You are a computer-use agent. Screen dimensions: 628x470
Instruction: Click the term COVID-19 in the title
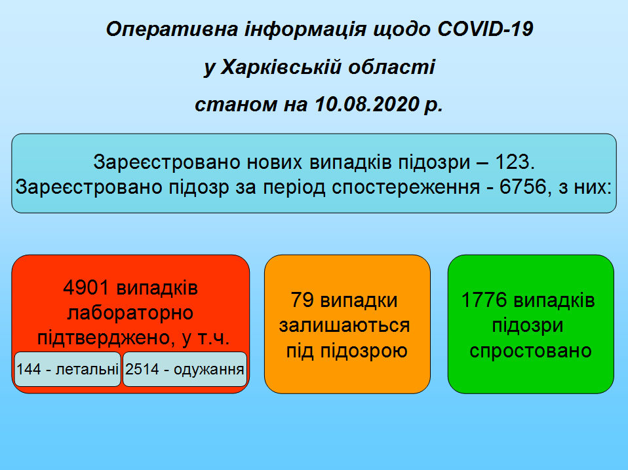485,29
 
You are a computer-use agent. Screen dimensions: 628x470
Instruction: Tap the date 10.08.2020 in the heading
367,104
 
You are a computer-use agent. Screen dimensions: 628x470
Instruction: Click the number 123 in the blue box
512,162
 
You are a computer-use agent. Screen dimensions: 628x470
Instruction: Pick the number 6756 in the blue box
523,187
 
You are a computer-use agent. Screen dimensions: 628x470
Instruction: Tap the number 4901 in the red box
86,287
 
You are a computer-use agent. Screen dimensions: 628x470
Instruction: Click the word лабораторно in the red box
130,313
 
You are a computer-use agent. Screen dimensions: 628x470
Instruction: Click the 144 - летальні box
68,369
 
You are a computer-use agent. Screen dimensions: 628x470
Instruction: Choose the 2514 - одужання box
185,369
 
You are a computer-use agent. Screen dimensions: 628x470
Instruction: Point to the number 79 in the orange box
302,300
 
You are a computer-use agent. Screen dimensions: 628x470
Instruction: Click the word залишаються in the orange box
344,325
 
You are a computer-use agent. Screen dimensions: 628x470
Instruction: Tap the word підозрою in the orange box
364,351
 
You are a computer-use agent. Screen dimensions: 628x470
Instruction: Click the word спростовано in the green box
531,351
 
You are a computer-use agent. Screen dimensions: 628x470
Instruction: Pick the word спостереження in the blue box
406,187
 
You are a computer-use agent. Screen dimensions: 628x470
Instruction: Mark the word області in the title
391,67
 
